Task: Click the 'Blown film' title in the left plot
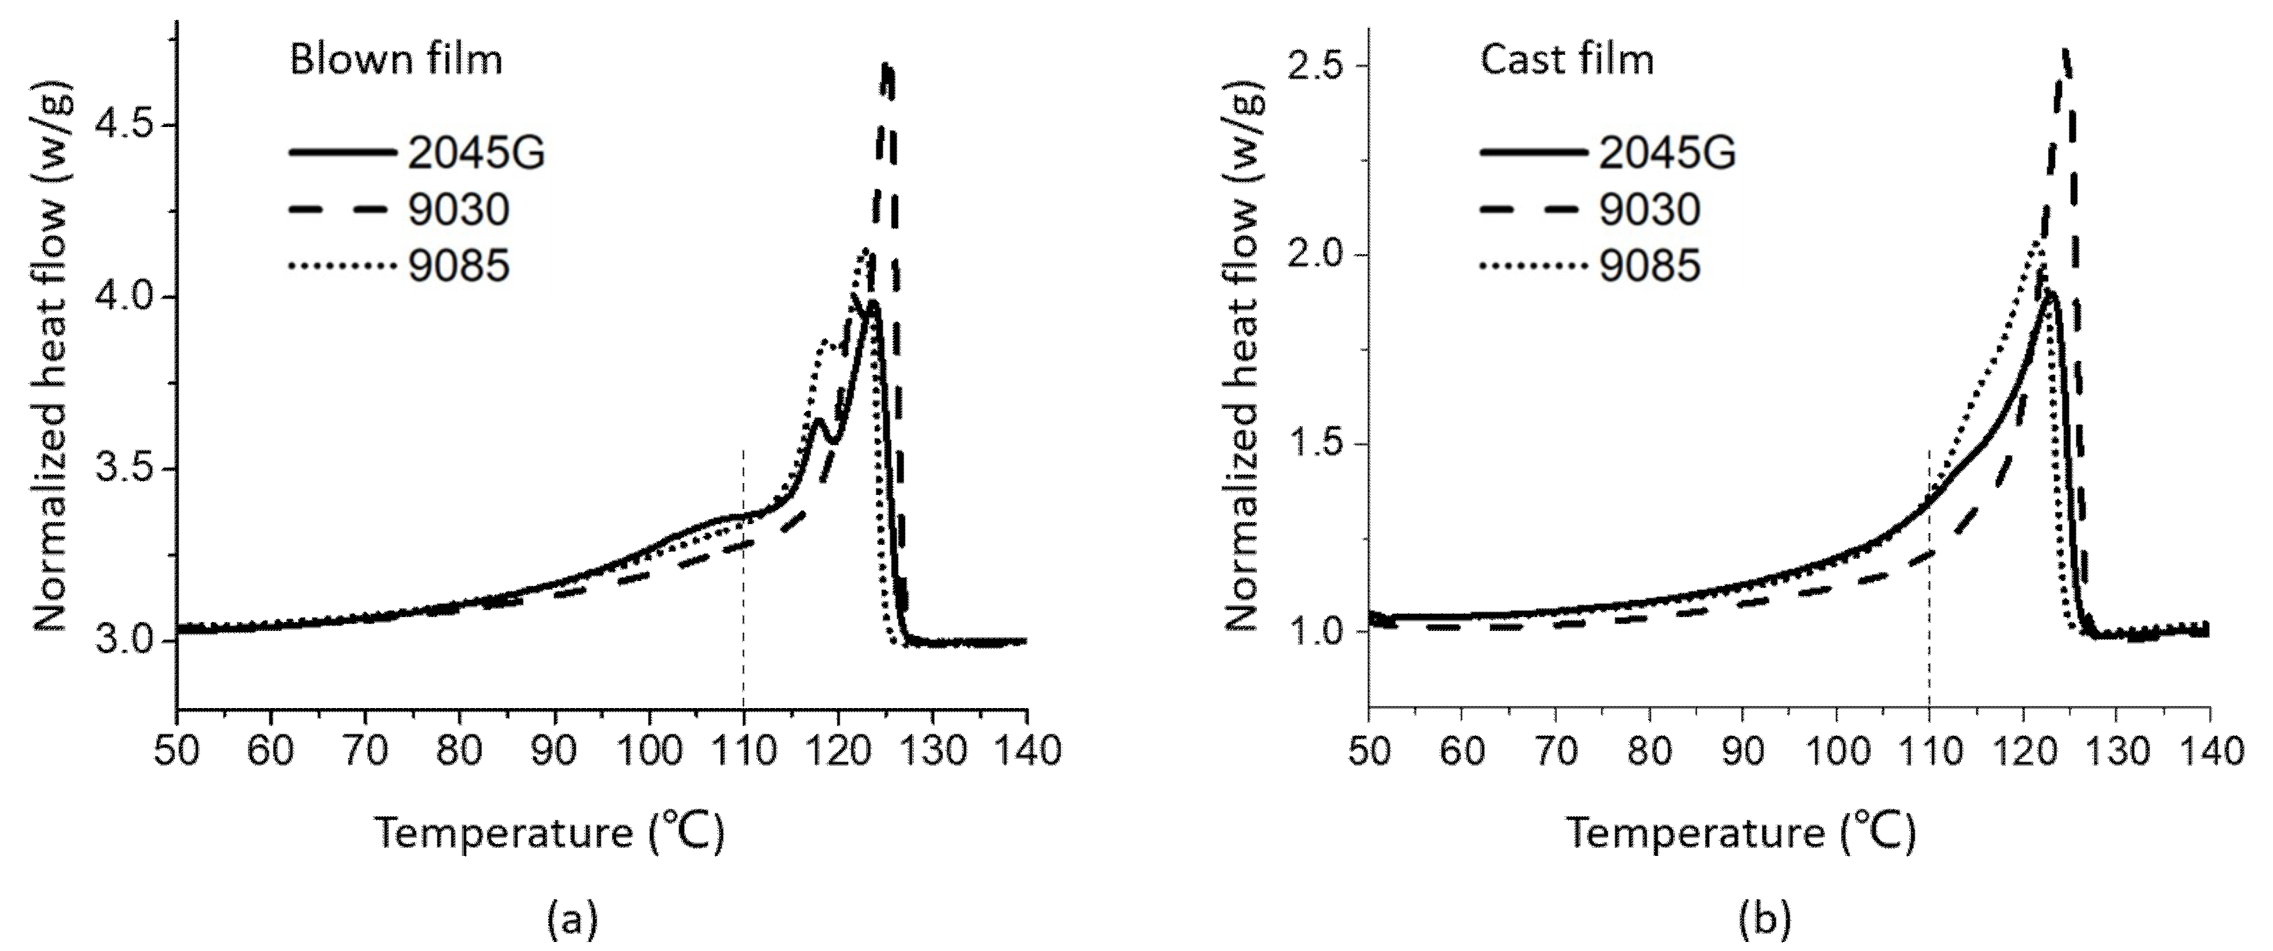pyautogui.click(x=396, y=60)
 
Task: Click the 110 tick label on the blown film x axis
pyautogui.click(x=743, y=752)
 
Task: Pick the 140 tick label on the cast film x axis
pyautogui.click(x=2208, y=752)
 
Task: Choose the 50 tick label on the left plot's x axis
pyautogui.click(x=177, y=752)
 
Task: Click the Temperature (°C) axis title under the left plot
pyautogui.click(x=550, y=832)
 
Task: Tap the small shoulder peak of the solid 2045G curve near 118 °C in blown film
pyautogui.click(x=818, y=421)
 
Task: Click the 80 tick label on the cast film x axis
pyautogui.click(x=1649, y=752)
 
